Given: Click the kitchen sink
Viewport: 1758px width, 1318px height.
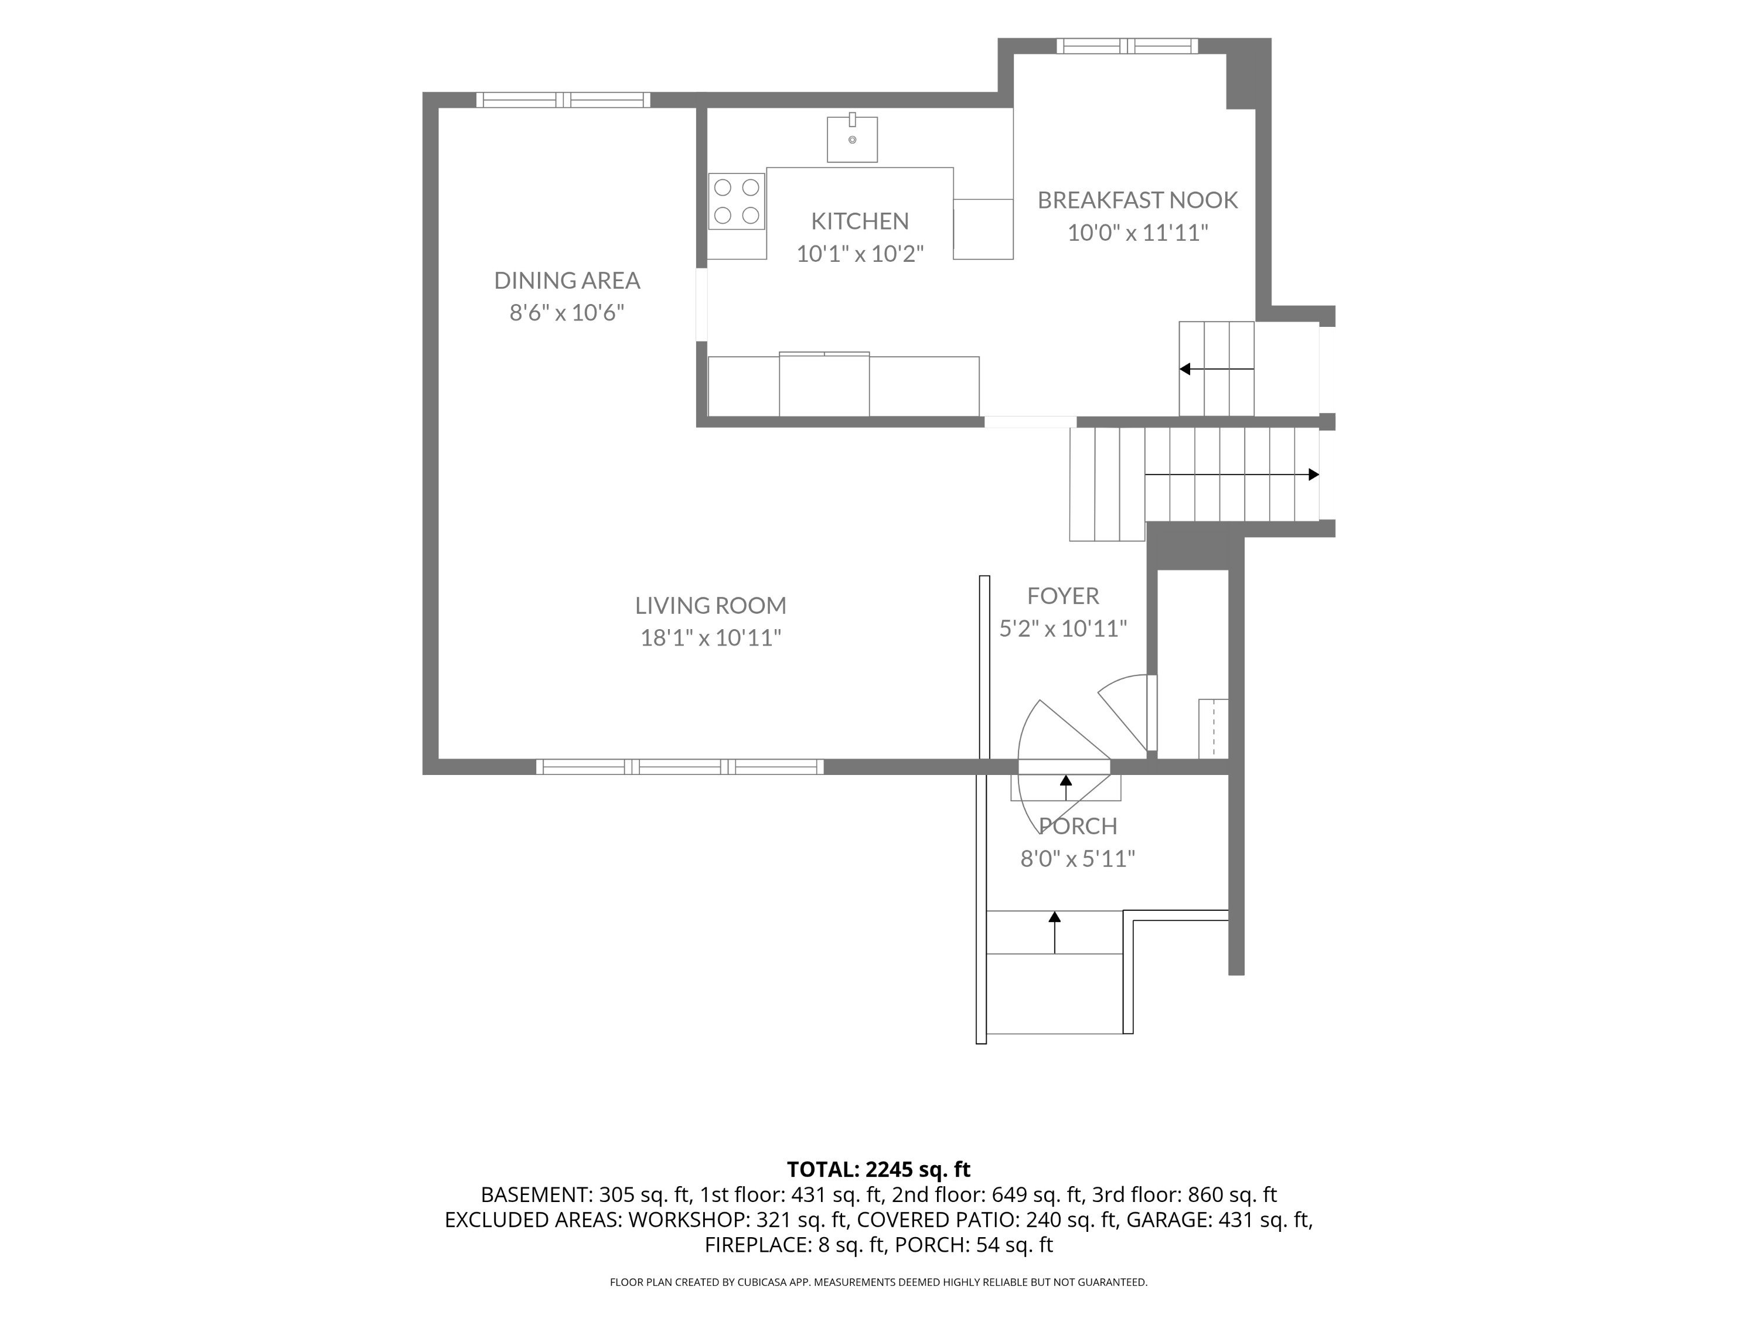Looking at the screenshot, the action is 852,138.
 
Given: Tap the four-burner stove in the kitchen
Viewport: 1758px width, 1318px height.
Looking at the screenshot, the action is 737,202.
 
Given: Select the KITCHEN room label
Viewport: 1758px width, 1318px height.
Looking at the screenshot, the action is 860,221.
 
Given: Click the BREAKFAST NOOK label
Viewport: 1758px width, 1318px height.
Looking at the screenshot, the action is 1137,200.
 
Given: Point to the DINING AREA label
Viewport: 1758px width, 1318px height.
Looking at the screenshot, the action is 567,281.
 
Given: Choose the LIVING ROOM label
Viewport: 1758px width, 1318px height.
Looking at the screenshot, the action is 710,605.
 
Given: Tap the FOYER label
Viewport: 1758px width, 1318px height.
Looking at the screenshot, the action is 1062,596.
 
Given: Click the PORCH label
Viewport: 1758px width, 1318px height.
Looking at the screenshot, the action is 1078,826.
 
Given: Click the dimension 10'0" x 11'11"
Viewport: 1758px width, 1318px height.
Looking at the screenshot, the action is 1137,233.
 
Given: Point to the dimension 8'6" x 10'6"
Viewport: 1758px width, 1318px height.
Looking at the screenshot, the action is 567,313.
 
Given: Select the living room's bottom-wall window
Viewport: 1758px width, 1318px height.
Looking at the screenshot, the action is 680,767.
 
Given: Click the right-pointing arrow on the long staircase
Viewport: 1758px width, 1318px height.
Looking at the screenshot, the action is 1232,474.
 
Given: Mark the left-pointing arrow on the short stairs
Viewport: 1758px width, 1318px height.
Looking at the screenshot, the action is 1216,368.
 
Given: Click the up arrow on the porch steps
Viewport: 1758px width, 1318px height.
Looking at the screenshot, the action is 1055,932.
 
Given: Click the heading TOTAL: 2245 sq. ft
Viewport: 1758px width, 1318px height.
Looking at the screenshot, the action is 878,1169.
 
